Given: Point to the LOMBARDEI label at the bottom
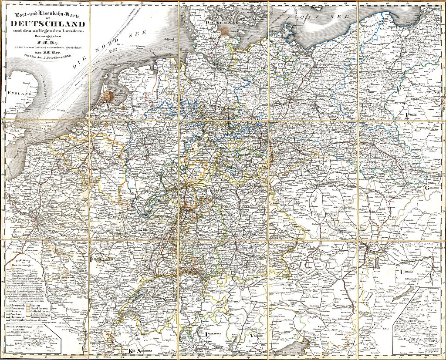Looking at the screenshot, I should pos(213,336).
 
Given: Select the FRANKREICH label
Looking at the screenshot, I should pos(101,259).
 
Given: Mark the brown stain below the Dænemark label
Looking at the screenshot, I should pos(224,31).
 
